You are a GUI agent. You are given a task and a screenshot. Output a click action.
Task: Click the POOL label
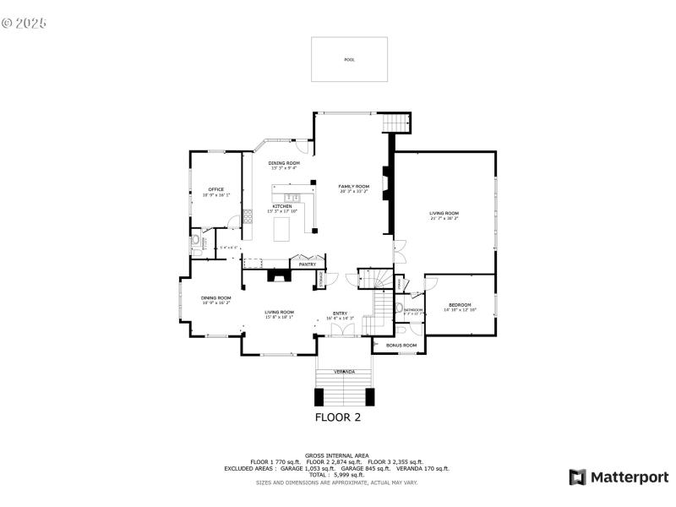[350, 60]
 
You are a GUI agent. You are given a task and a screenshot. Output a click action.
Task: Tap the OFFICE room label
[216, 189]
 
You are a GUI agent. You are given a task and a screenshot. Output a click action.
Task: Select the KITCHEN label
[282, 206]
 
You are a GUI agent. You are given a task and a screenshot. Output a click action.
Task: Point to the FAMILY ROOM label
[354, 186]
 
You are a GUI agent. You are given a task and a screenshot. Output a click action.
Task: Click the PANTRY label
[308, 264]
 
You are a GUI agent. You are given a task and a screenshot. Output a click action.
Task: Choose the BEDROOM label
[460, 304]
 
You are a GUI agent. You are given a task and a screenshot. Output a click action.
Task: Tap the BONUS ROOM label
[401, 345]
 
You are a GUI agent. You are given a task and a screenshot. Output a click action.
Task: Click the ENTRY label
[340, 313]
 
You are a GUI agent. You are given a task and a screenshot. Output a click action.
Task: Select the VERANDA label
[344, 372]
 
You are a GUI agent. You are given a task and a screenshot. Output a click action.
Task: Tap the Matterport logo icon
[578, 477]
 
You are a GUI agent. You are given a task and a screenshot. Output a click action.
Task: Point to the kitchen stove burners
[248, 216]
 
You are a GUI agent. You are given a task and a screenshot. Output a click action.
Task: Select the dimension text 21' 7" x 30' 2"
[444, 219]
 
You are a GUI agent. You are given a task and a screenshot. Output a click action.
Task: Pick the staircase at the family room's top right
[396, 123]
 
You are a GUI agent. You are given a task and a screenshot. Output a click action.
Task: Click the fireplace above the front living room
[279, 275]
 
